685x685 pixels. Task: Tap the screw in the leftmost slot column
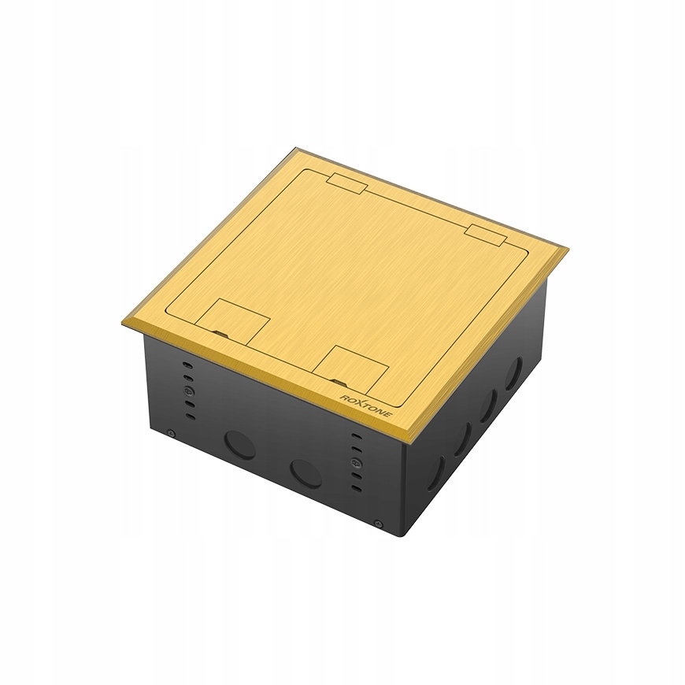[186, 390]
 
